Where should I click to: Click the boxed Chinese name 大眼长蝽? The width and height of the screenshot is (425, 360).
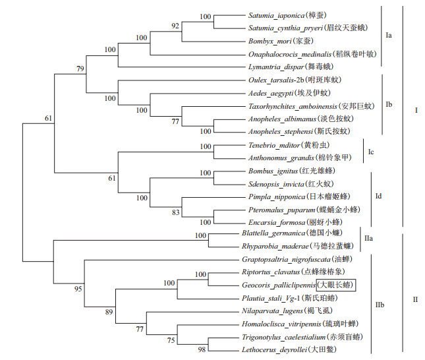(337, 285)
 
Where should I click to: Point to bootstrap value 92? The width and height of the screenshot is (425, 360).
(175, 26)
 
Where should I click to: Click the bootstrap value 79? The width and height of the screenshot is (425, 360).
(80, 69)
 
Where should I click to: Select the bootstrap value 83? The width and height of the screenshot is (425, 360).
(175, 212)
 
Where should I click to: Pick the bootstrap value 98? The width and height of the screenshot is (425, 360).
(203, 349)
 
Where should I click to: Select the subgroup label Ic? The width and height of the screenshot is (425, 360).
(371, 152)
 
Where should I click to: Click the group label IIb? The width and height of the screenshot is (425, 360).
(381, 304)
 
